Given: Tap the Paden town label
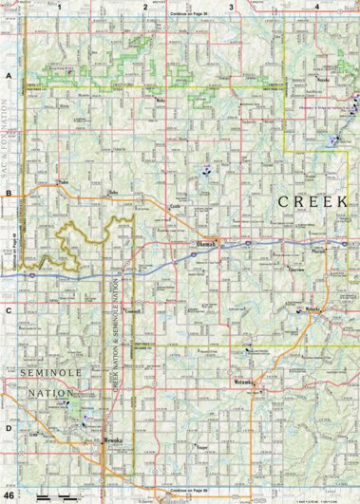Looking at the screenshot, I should click(65, 181).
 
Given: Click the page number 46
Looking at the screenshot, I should click(9, 495).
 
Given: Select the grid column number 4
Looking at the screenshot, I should click(315, 6).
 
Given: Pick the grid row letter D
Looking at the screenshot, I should click(9, 427).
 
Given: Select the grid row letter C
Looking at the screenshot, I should click(9, 309).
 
